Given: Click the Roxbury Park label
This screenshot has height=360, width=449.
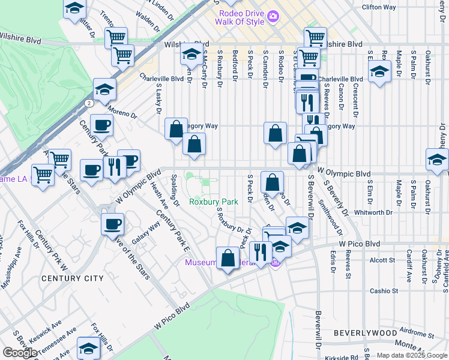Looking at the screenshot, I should pos(214,202).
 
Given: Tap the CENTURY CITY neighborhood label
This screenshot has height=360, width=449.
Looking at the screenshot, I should pos(73,278).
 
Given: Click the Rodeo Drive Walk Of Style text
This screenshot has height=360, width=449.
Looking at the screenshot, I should pos(240,17).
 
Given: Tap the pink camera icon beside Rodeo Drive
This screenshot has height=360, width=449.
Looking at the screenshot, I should pos(273,16).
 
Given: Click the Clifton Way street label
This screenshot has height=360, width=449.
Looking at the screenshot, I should pos(379,7).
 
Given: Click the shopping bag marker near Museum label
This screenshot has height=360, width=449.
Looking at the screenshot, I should pos(228,258).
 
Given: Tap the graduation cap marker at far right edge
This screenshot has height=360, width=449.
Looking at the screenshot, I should pos(437,160).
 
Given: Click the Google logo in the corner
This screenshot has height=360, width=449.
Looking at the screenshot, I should pos(20,353).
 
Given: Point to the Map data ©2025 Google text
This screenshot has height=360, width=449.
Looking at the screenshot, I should pos(411,355).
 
